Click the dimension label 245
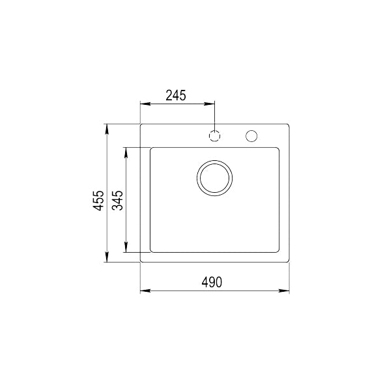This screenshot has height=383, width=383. (x=176, y=95)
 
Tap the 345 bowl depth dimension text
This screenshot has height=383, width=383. (x=117, y=203)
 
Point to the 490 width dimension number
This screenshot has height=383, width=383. (x=212, y=282)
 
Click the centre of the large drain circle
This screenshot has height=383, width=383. (x=214, y=177)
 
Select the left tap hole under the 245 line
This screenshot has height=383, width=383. (x=215, y=135)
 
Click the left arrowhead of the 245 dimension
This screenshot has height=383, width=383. (x=144, y=104)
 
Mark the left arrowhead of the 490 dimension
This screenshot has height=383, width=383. (x=144, y=291)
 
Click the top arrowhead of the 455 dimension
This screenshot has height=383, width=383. (x=107, y=126)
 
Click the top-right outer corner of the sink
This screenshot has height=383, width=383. (x=289, y=123)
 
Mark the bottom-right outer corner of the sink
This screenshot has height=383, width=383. (x=289, y=262)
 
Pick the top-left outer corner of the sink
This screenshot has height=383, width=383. (x=141, y=123)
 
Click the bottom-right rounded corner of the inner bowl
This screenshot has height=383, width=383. (x=278, y=250)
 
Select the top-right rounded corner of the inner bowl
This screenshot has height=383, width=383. (x=278, y=150)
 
